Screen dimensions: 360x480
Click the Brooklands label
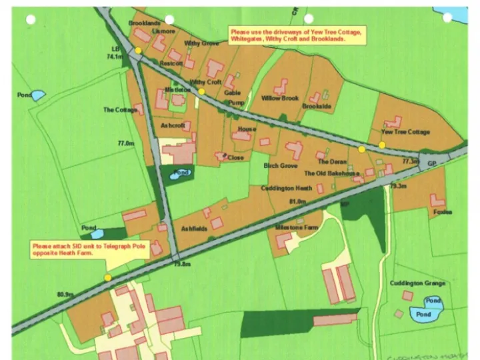[145, 23]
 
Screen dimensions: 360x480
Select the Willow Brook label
[280, 98]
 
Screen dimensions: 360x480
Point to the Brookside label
[316, 107]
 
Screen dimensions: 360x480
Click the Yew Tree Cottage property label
[405, 132]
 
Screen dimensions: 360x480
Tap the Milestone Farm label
[298, 227]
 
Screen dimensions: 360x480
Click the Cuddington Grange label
[417, 283]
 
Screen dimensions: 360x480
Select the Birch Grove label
[280, 165]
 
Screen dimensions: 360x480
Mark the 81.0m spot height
[297, 201]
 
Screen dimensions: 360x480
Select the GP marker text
[431, 163]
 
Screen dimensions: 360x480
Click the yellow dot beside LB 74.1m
[138, 51]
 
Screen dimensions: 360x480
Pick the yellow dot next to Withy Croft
[201, 91]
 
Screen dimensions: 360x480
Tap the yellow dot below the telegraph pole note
[107, 277]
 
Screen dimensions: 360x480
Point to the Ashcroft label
[173, 125]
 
